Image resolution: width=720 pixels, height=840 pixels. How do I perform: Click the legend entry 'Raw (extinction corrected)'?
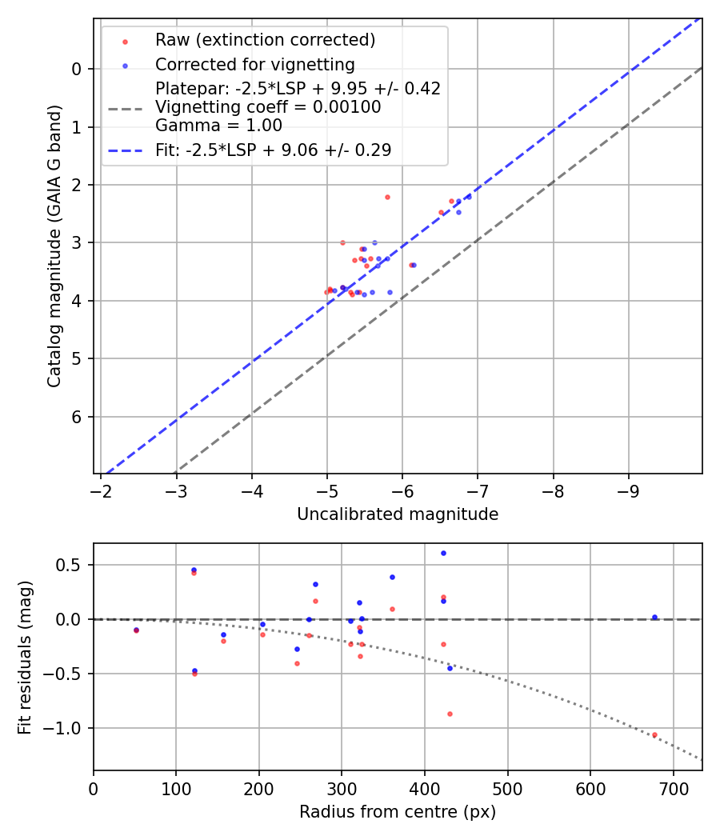(x=265, y=40)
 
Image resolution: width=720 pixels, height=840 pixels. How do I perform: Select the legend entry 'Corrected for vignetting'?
(x=254, y=64)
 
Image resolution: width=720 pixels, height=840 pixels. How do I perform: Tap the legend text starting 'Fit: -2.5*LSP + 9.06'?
(x=273, y=150)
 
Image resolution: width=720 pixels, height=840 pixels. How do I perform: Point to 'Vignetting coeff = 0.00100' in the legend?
(x=268, y=107)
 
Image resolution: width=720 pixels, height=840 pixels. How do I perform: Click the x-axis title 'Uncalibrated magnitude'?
(x=398, y=514)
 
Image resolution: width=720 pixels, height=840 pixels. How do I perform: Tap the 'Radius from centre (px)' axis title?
(x=398, y=812)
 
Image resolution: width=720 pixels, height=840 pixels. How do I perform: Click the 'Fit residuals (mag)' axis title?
(x=25, y=657)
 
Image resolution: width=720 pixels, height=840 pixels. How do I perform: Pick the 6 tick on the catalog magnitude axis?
(x=78, y=417)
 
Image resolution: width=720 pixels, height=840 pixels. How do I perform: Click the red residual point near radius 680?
(x=654, y=734)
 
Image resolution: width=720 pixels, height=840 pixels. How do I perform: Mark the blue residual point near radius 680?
(x=654, y=617)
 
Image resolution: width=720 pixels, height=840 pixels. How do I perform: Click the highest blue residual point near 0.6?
(x=443, y=553)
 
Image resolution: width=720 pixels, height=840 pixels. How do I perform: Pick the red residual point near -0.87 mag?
(x=450, y=714)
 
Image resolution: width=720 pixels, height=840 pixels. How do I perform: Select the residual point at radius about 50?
(x=136, y=630)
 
